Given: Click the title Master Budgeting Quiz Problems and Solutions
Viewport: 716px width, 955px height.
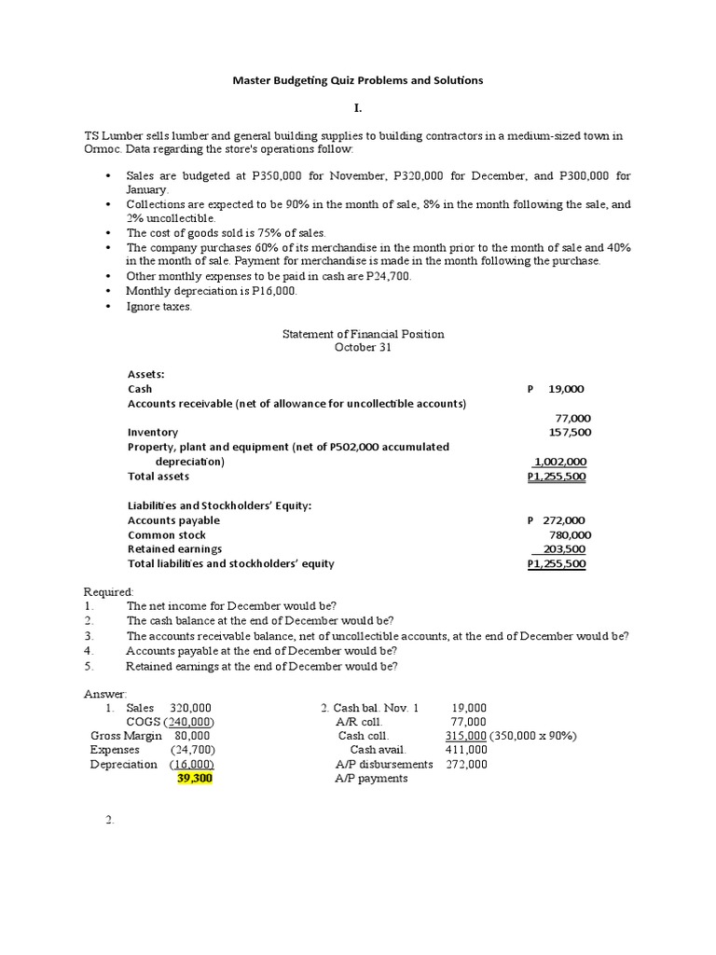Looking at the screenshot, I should coord(357,80).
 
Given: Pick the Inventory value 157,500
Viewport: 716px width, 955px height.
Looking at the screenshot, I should coord(570,433).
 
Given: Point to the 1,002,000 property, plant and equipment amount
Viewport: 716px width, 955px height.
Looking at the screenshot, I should coord(559,462).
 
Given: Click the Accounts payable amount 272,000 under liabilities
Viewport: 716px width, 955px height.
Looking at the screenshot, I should coord(564,520).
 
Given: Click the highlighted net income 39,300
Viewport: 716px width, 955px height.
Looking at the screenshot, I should coord(195,779).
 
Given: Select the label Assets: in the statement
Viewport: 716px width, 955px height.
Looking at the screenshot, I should coord(146,374).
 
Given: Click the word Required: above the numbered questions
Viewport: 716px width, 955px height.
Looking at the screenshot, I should coord(109,592).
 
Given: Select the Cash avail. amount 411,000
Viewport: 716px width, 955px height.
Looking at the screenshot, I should coord(465,750).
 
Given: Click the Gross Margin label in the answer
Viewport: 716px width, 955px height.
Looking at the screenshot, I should coord(119,736).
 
